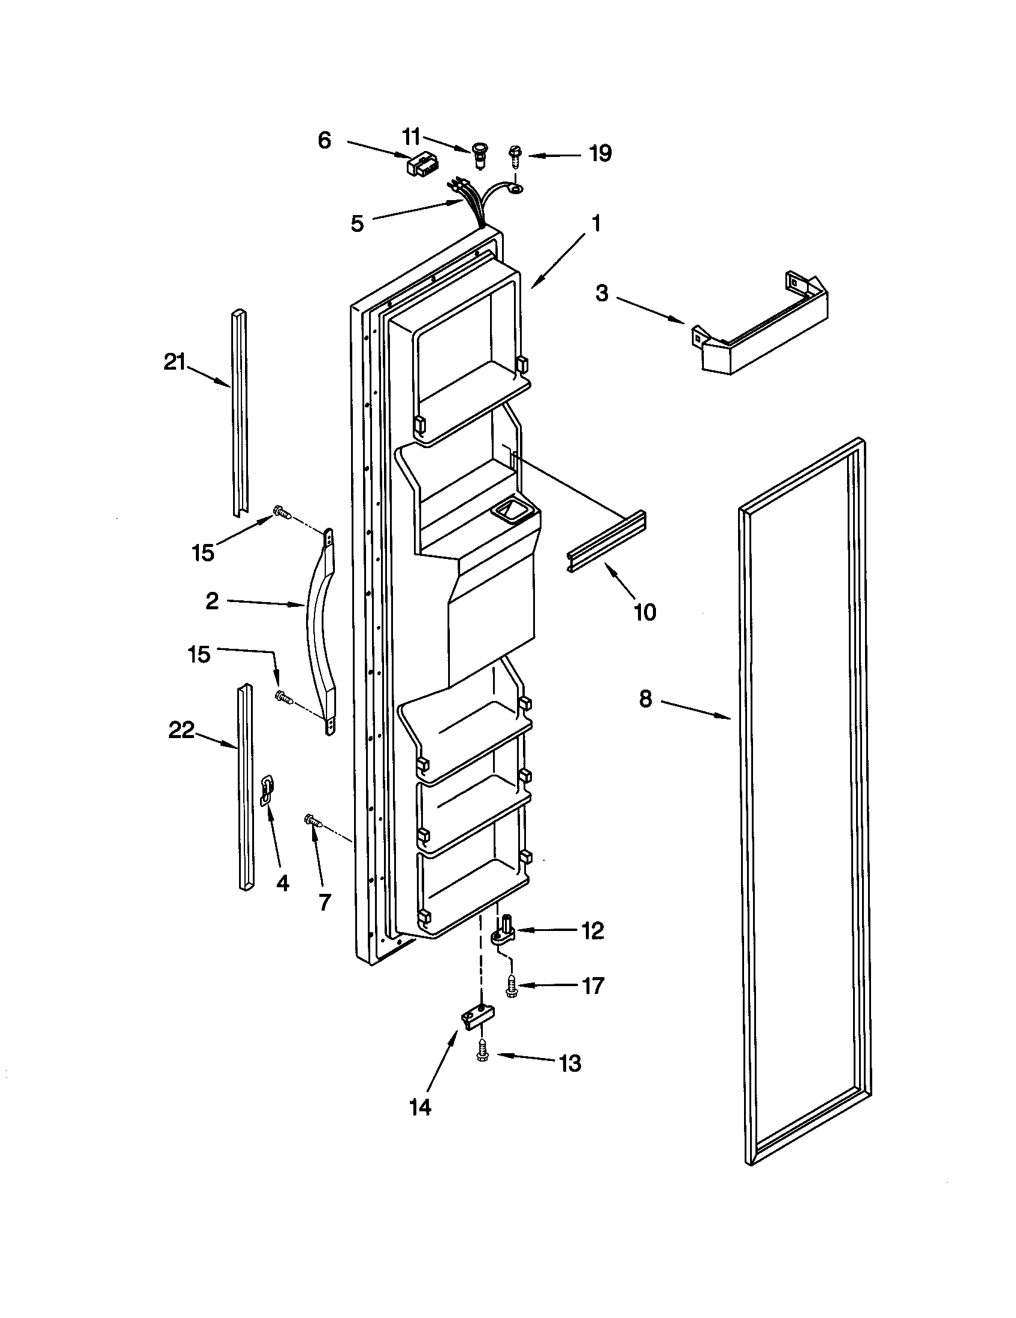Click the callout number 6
325,141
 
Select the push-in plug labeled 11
480,155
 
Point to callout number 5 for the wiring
357,224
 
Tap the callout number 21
174,362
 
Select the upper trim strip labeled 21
239,412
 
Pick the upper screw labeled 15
282,512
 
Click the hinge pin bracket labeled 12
503,930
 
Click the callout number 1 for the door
596,224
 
